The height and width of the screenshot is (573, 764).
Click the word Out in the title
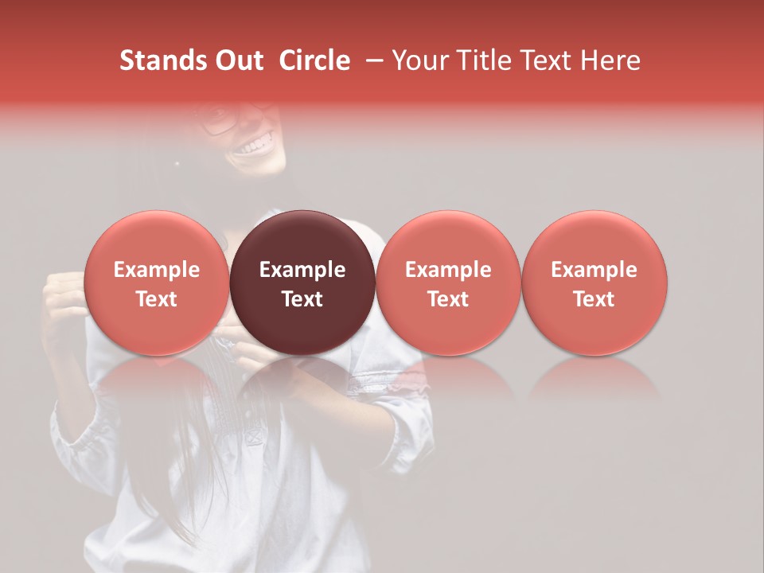(238, 60)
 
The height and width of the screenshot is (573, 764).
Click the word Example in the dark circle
(302, 270)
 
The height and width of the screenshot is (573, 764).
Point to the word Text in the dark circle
(302, 299)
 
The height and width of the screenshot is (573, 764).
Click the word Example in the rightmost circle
(594, 270)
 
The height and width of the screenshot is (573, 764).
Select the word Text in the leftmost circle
(156, 299)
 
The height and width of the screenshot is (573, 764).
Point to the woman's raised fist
(64, 302)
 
